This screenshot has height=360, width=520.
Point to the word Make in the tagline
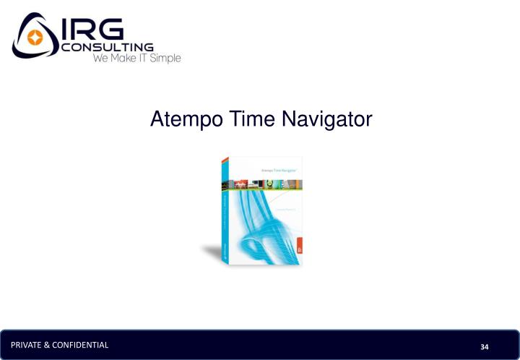click(x=121, y=58)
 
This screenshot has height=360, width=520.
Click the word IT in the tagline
click(x=140, y=58)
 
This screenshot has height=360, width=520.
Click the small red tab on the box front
click(x=298, y=250)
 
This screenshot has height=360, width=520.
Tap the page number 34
click(x=485, y=347)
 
